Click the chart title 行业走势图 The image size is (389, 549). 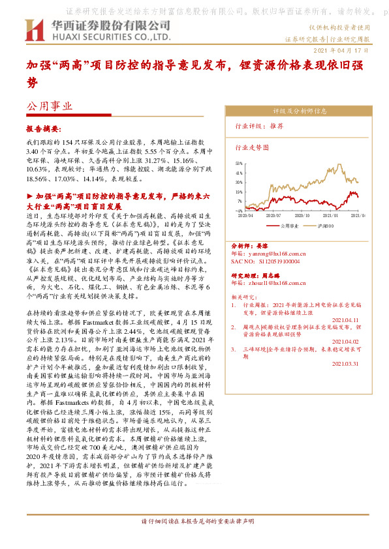(252, 147)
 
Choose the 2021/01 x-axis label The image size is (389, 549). (333, 215)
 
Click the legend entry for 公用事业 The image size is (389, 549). (289, 225)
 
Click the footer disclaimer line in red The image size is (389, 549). (194, 540)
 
